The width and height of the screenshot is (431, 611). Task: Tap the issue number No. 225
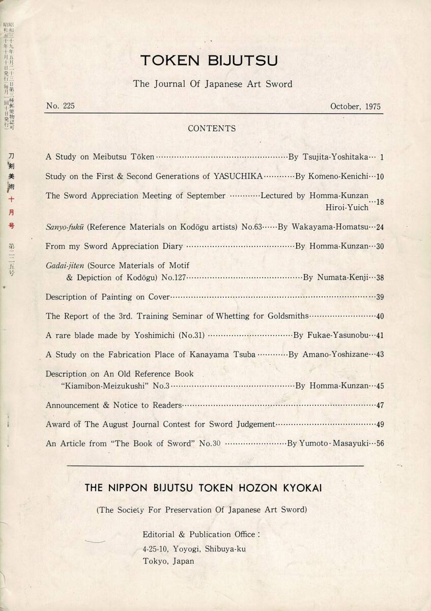(x=60, y=106)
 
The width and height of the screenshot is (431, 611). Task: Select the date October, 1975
(x=355, y=106)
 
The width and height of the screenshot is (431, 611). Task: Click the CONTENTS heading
(x=212, y=128)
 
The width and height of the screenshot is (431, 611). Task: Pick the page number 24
(x=380, y=227)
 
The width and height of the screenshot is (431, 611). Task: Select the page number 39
(x=380, y=297)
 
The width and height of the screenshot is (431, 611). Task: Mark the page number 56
(x=380, y=443)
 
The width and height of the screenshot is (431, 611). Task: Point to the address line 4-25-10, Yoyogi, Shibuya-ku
(x=195, y=549)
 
